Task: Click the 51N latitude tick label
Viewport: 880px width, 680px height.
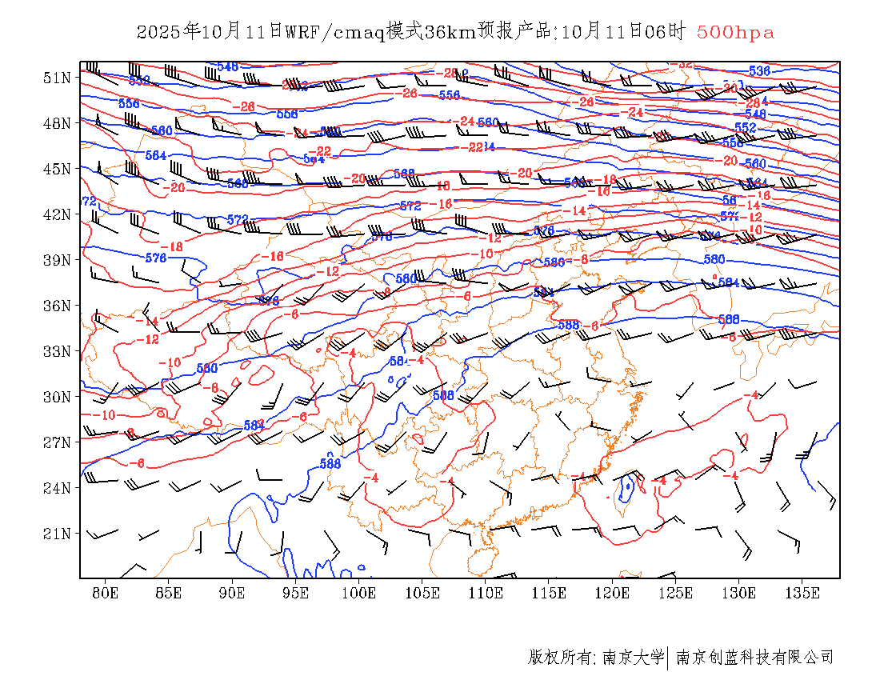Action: point(56,78)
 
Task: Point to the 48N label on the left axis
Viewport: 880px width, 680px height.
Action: point(56,123)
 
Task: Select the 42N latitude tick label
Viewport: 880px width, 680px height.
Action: point(56,214)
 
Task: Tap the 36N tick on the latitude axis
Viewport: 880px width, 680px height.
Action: point(56,306)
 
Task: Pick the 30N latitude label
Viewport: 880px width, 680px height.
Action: point(56,397)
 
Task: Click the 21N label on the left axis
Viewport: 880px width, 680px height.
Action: point(56,533)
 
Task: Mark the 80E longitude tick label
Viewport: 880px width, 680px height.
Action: point(106,593)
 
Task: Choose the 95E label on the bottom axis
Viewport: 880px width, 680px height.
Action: point(296,593)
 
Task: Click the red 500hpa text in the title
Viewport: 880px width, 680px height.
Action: point(735,33)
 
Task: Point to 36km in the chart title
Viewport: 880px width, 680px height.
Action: point(450,33)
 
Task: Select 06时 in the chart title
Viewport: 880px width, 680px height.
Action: point(666,33)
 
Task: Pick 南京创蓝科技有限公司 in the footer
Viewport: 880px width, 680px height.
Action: point(754,658)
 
